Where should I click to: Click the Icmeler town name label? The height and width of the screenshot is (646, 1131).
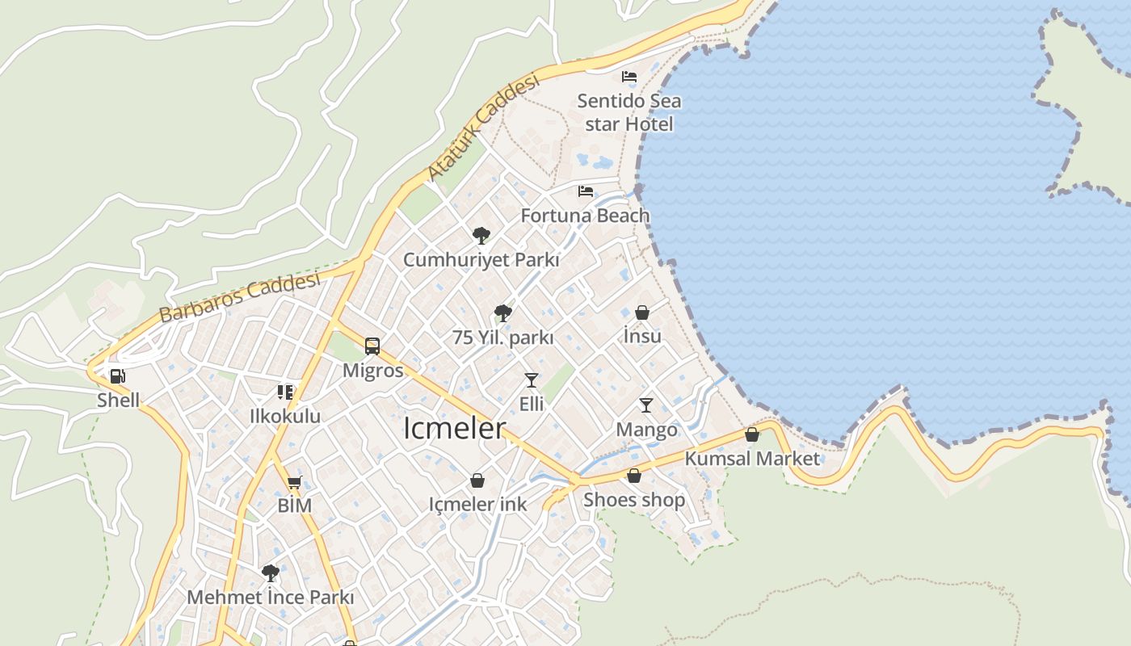(454, 428)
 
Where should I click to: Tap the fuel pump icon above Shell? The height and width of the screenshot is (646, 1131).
(118, 375)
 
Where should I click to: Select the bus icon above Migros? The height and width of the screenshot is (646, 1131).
(372, 346)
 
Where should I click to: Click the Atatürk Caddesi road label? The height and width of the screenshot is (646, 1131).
(482, 128)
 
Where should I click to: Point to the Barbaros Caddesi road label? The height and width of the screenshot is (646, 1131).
(240, 297)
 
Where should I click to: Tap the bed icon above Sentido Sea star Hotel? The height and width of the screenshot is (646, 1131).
(629, 77)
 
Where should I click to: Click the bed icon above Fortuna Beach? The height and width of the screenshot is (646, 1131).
(586, 191)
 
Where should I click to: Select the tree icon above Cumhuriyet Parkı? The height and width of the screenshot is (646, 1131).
(481, 235)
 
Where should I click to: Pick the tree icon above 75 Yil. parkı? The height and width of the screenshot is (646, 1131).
(502, 313)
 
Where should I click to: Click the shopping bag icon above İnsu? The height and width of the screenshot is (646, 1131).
(642, 312)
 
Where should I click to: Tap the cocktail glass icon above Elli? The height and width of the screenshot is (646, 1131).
(531, 380)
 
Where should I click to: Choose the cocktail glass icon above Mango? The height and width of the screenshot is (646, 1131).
(646, 405)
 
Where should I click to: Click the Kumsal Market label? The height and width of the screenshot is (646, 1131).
(752, 459)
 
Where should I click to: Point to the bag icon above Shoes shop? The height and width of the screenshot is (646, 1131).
(634, 476)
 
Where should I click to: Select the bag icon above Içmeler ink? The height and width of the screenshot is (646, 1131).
(477, 480)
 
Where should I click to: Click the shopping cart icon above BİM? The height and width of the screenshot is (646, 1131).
(294, 482)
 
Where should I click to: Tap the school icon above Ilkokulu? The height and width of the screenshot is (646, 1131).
(284, 392)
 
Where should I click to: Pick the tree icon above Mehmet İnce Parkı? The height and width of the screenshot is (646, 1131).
(271, 573)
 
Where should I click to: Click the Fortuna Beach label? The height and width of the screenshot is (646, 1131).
(585, 216)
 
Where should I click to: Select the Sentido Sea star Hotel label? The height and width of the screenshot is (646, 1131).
(629, 112)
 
